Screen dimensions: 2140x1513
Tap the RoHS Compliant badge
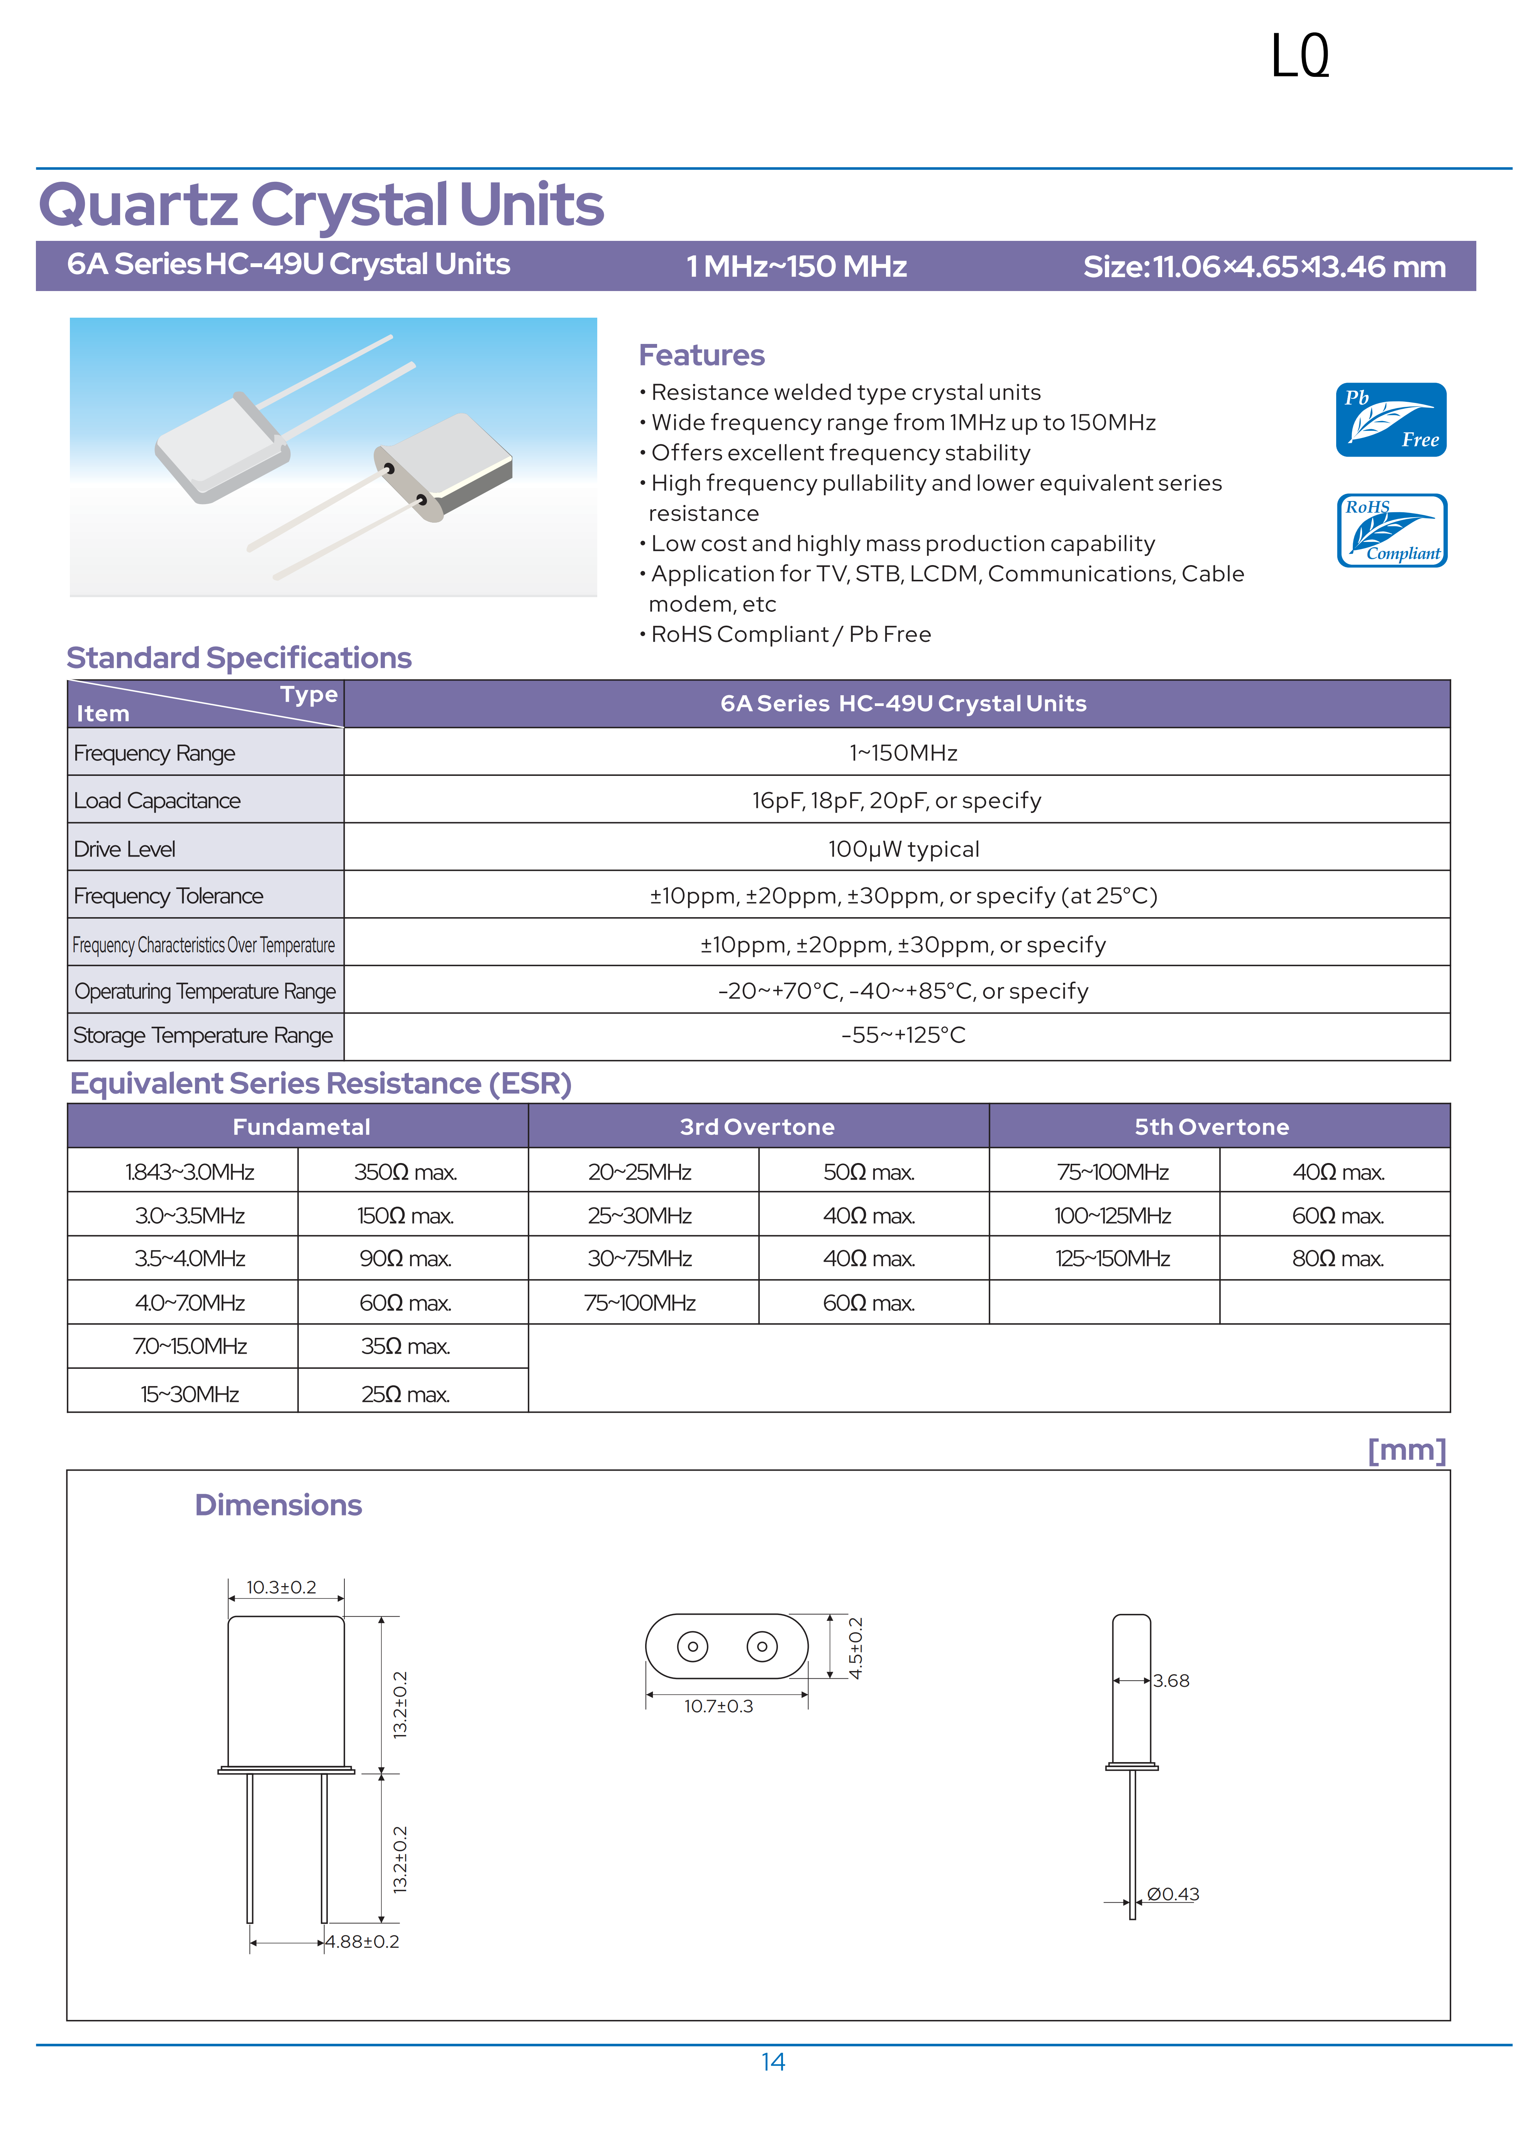tap(1391, 530)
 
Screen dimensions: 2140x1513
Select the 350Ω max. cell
tap(405, 1172)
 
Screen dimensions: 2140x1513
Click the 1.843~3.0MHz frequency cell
tap(189, 1172)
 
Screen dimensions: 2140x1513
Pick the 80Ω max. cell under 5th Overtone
tap(1337, 1258)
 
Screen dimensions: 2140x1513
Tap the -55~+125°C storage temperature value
tap(902, 1034)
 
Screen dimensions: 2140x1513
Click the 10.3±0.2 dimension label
tap(281, 1586)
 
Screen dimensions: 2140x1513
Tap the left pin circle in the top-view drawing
tap(692, 1646)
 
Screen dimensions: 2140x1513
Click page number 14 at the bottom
tap(773, 2062)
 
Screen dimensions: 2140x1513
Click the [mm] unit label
tap(1406, 1450)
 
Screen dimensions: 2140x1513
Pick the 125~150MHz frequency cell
tap(1112, 1258)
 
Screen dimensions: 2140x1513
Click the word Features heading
tap(701, 355)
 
